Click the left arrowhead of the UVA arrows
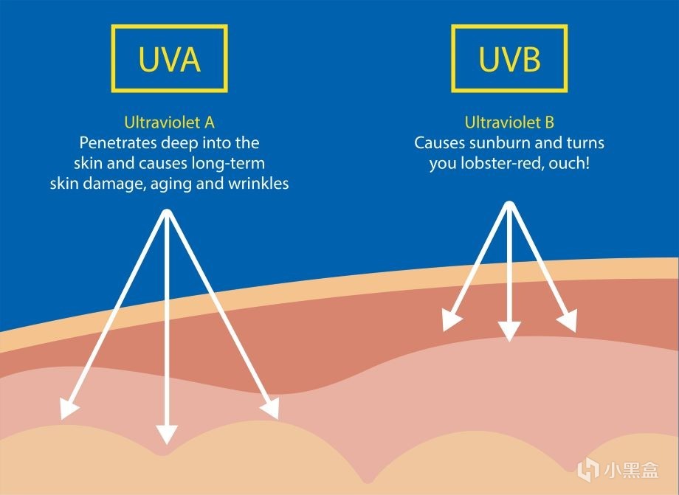click(x=69, y=409)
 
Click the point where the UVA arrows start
click(x=168, y=215)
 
